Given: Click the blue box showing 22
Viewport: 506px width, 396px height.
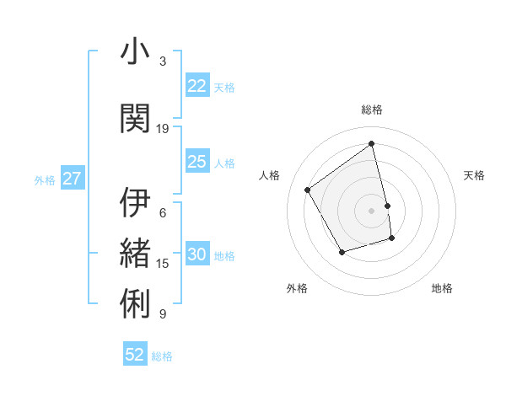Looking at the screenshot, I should coord(196,86).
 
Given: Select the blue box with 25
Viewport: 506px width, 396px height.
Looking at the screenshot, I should coord(196,162).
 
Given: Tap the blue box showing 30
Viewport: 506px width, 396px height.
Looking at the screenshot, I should coord(196,255).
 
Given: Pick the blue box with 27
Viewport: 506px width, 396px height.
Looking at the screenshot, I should coord(72,179).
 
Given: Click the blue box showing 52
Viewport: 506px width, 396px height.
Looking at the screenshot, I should coord(135,355).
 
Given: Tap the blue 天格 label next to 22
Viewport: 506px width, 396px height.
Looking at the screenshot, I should coord(224,87).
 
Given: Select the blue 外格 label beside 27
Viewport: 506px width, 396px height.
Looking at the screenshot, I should coord(45,179).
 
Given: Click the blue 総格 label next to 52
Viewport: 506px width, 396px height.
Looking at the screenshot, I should coord(162,356).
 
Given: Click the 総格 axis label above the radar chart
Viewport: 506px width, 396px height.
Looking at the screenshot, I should coord(372,110).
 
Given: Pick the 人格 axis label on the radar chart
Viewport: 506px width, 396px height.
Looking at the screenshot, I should coord(270,175).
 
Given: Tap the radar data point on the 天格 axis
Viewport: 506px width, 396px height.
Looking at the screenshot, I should coord(387,206).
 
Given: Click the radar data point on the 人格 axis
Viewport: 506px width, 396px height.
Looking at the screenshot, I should coord(308,190).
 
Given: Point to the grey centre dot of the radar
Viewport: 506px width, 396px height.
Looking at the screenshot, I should coord(372,211).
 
